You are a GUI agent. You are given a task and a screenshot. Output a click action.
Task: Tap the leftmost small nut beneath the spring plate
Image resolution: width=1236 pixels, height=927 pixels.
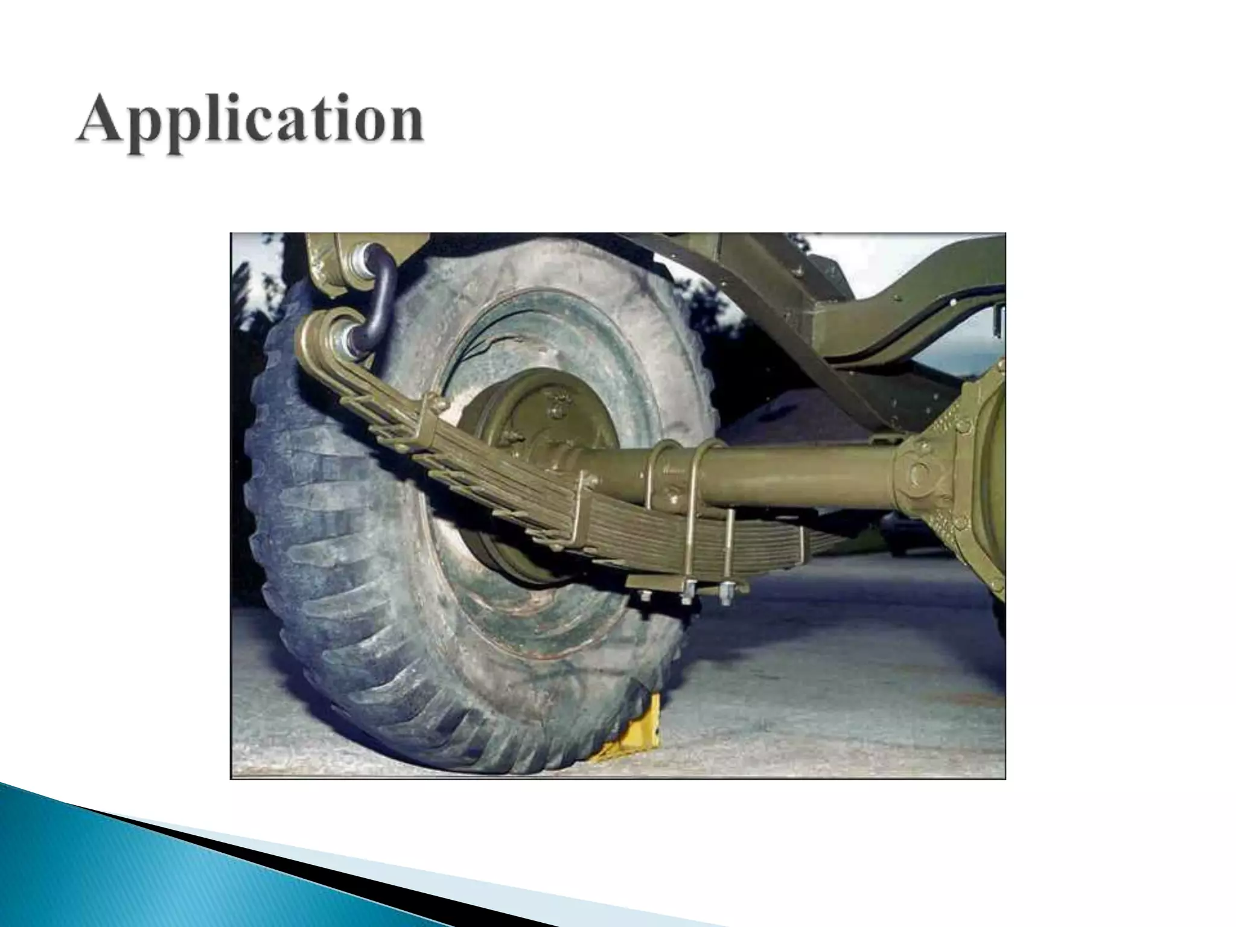[645, 596]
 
